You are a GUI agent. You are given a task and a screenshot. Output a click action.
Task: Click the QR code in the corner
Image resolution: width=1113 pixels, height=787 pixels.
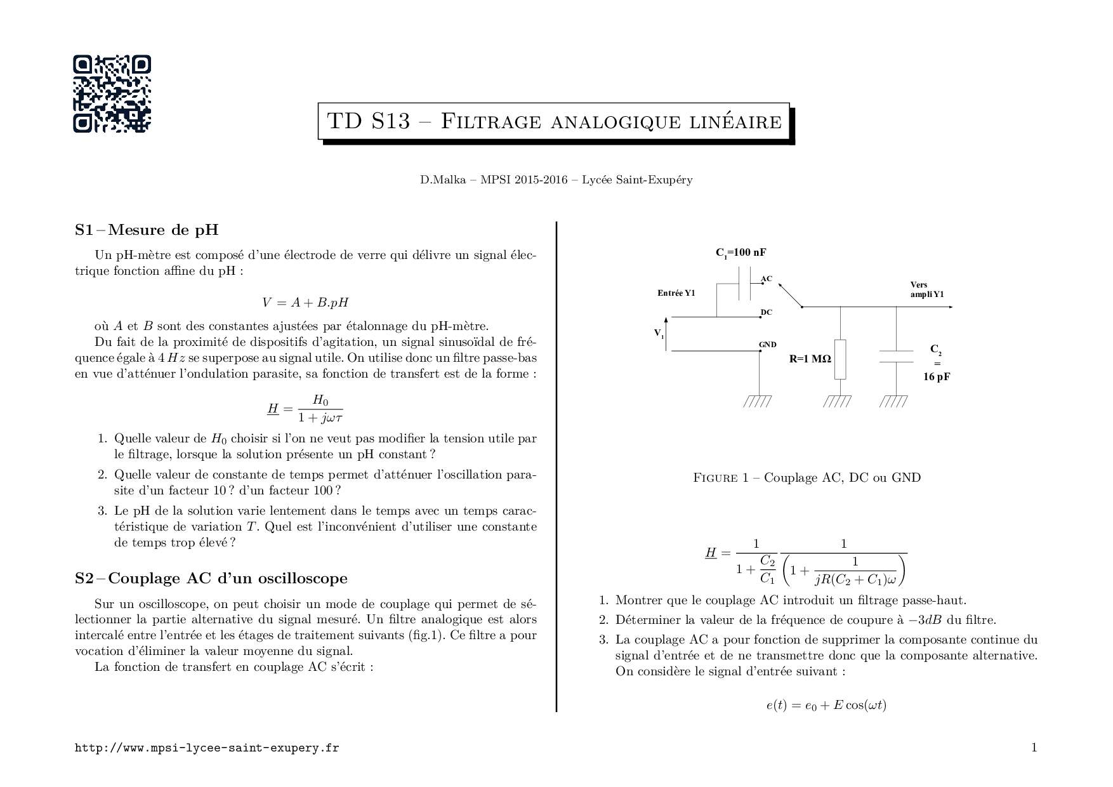coord(112,94)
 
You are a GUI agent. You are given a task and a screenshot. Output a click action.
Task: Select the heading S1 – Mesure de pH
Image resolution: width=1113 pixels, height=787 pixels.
coord(147,230)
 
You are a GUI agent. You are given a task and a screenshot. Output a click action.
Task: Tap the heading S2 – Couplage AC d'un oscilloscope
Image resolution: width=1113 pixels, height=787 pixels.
coord(211,578)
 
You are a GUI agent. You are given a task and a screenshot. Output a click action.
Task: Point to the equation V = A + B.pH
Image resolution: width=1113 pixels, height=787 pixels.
coord(305,303)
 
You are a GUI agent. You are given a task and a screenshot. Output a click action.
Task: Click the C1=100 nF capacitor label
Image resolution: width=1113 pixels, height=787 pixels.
coord(741,253)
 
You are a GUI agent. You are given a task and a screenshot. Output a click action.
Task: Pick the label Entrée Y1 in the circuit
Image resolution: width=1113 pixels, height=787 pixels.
coord(676,293)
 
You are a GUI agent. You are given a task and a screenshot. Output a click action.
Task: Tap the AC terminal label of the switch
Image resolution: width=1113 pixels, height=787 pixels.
coord(767,279)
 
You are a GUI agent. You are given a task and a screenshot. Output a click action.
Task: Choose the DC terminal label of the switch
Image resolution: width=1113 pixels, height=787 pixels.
coord(767,312)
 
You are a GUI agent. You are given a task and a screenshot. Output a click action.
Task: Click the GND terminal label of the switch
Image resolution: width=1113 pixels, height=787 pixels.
coord(768,345)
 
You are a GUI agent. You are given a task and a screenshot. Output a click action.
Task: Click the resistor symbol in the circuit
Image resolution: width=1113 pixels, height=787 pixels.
coord(840,359)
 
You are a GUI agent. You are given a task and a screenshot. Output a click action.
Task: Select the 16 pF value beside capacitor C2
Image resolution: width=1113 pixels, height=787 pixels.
coord(937,376)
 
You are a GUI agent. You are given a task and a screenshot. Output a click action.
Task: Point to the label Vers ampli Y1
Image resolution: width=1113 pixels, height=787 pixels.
coord(927,290)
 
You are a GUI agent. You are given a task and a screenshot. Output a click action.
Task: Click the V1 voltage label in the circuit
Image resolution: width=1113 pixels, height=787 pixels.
coord(659,333)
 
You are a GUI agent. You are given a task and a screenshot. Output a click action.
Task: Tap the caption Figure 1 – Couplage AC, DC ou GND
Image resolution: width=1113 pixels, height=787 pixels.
coord(807,477)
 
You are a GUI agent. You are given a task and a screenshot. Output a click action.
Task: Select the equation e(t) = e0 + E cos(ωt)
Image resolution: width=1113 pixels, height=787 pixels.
coord(826,705)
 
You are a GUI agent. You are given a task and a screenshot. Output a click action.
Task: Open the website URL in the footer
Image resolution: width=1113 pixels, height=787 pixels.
coord(207,748)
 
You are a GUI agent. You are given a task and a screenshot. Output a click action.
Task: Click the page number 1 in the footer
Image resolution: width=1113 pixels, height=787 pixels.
coord(1034,748)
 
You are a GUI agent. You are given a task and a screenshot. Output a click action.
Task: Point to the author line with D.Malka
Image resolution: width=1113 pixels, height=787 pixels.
coord(556,180)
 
